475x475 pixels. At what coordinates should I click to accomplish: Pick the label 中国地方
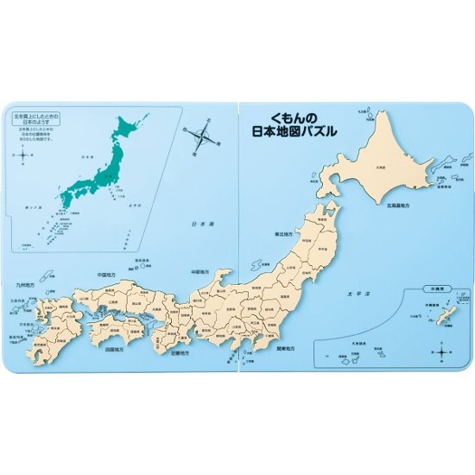(x=108, y=275)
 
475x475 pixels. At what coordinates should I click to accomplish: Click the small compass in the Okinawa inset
(x=441, y=351)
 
